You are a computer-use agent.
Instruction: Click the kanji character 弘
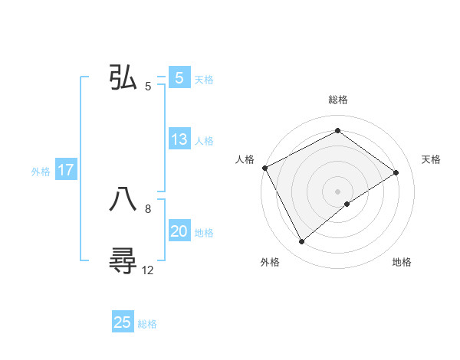click(123, 77)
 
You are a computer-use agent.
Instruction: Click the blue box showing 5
click(179, 78)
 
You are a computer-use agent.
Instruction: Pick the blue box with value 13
click(179, 140)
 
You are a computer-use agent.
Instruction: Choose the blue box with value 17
click(66, 171)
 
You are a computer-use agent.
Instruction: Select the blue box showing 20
click(179, 232)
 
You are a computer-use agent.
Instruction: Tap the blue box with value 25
click(123, 323)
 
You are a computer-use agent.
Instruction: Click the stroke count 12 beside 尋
click(148, 270)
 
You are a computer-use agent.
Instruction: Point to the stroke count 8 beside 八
click(148, 208)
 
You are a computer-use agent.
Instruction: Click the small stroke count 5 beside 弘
click(148, 86)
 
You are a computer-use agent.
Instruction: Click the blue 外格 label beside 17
click(41, 172)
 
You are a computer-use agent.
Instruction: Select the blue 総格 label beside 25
click(147, 324)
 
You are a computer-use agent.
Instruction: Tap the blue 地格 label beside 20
click(204, 233)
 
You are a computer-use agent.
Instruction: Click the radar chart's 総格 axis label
click(337, 100)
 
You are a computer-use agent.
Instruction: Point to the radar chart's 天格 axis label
click(431, 159)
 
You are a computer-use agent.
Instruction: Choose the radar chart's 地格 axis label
click(402, 263)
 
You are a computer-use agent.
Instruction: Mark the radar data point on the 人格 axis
click(264, 168)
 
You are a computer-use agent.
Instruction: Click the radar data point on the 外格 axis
click(301, 242)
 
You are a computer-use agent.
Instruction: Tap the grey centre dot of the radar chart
click(337, 191)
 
